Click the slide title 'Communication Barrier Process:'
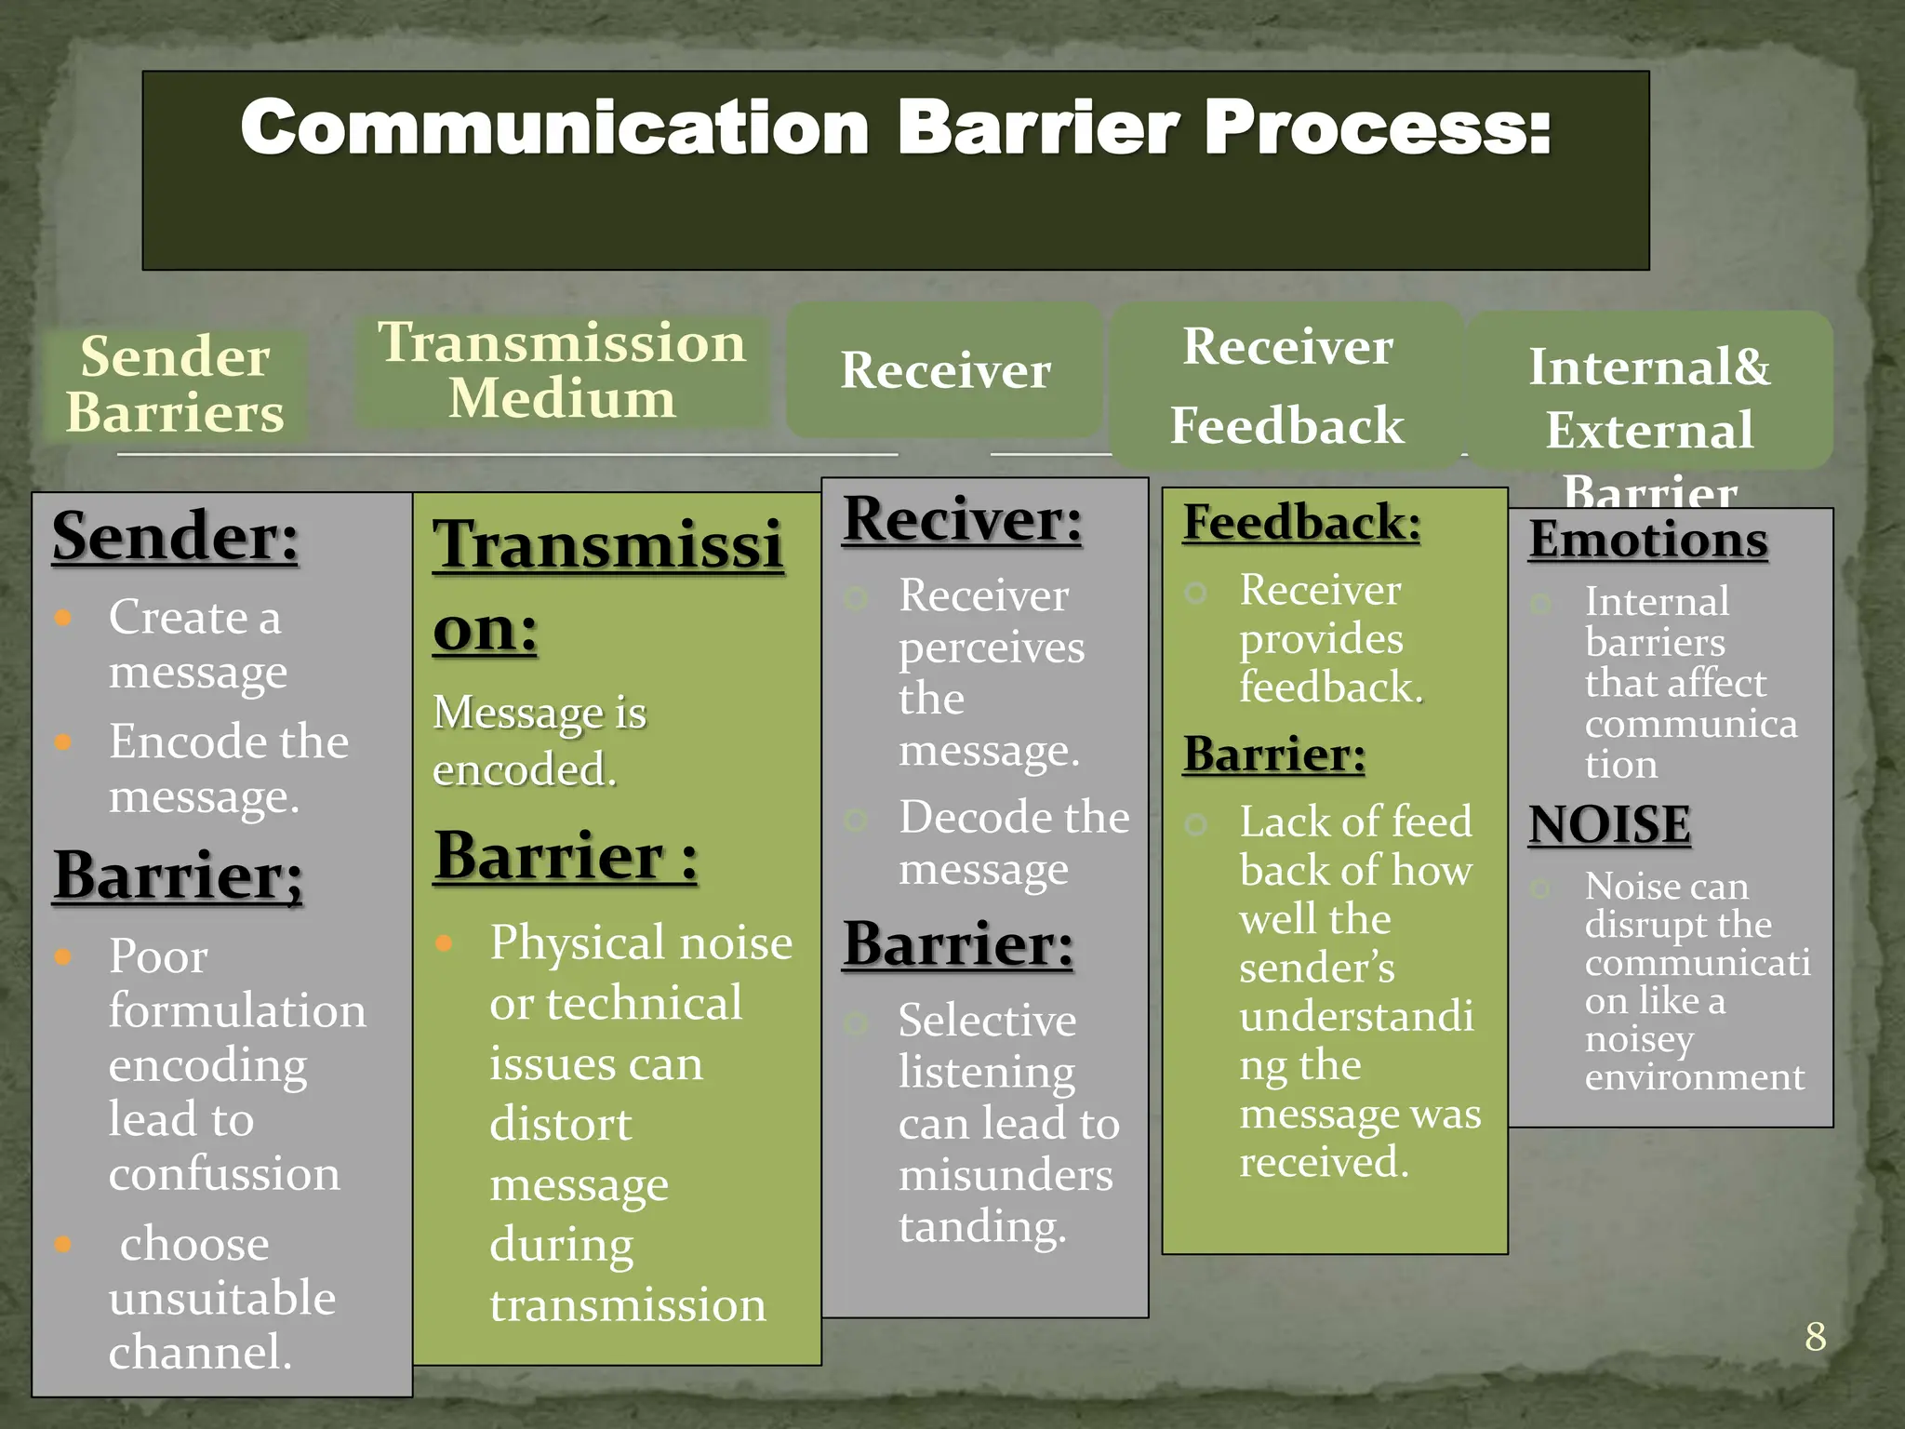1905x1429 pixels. (895, 128)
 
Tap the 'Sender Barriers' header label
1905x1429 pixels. (175, 384)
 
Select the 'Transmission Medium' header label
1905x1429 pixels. (562, 370)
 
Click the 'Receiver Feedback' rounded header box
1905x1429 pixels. (1286, 385)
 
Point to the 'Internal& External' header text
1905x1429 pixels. (1649, 398)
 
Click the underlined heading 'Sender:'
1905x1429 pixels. (176, 537)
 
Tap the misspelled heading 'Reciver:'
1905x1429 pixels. (963, 520)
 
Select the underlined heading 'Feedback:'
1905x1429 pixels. (1301, 522)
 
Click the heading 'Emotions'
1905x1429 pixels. (1648, 540)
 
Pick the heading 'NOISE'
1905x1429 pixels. (1609, 824)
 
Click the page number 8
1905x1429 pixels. (1815, 1337)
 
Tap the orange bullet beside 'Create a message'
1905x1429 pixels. (63, 618)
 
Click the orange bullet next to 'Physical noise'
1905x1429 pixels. (445, 943)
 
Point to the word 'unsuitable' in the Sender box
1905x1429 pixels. (221, 1298)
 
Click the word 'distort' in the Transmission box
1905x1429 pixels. (560, 1125)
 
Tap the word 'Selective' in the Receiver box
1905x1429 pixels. (987, 1021)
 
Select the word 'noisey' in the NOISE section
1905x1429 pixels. (1639, 1039)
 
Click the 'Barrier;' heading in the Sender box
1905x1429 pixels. (178, 876)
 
